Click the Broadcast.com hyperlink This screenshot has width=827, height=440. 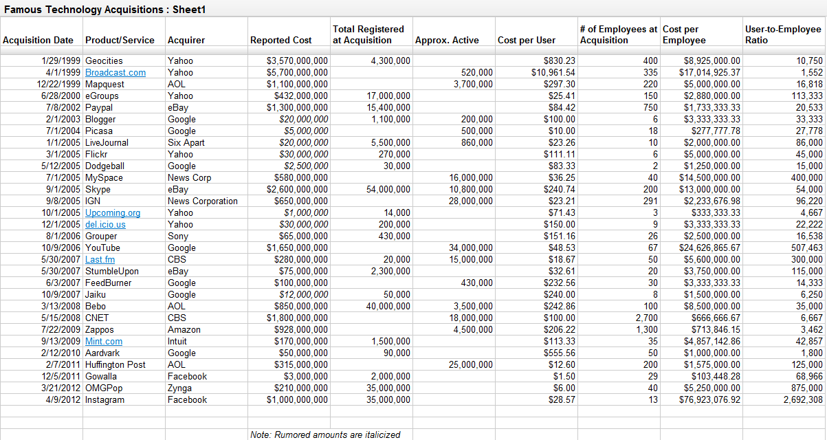click(x=115, y=72)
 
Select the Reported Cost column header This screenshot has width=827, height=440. click(x=280, y=40)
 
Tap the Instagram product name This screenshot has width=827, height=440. click(x=105, y=399)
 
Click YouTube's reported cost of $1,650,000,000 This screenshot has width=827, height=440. click(x=297, y=247)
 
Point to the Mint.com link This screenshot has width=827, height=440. click(x=104, y=341)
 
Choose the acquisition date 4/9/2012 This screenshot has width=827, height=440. click(x=61, y=399)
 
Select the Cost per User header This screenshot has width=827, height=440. click(x=527, y=40)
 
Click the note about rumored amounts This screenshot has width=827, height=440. click(x=325, y=434)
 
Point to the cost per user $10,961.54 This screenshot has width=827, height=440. click(x=553, y=72)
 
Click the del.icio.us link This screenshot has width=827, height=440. click(x=105, y=224)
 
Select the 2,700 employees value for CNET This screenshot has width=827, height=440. click(x=646, y=318)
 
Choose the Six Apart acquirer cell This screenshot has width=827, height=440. click(x=186, y=142)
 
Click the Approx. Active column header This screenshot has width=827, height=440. click(x=447, y=40)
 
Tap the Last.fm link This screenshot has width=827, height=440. click(x=100, y=259)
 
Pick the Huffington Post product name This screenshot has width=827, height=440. click(x=115, y=364)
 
